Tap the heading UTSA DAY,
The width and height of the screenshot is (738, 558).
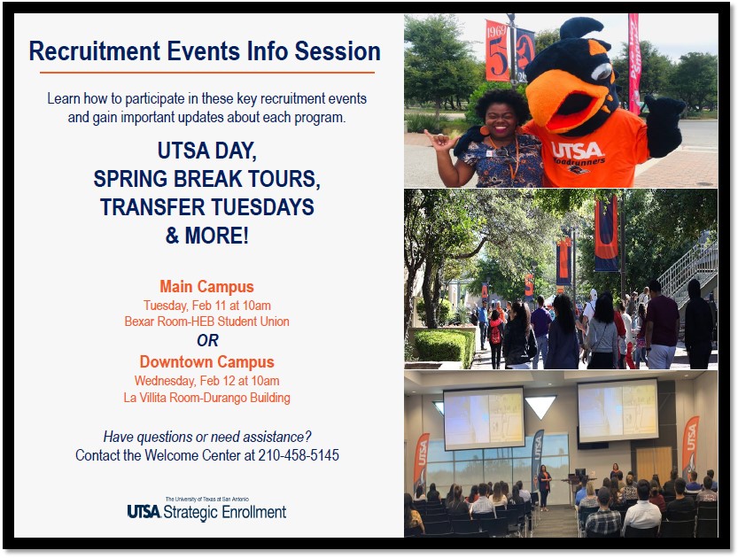206,151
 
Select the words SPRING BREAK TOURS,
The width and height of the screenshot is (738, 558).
206,179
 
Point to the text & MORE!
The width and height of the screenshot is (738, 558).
206,236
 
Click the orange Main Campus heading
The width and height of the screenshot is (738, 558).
206,286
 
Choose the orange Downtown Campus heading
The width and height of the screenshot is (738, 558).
206,361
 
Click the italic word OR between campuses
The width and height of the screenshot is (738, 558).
207,340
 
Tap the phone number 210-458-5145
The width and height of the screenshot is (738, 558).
299,455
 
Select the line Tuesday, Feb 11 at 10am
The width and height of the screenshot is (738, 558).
207,306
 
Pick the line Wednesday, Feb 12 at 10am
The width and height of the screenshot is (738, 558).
206,381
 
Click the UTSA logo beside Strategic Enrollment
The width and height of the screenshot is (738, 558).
144,511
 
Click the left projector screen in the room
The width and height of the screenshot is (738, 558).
484,418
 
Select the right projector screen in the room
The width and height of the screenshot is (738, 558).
618,410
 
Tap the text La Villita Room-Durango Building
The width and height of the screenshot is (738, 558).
206,398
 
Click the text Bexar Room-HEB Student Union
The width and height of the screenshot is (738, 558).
206,322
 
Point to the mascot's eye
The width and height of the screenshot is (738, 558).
602,72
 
